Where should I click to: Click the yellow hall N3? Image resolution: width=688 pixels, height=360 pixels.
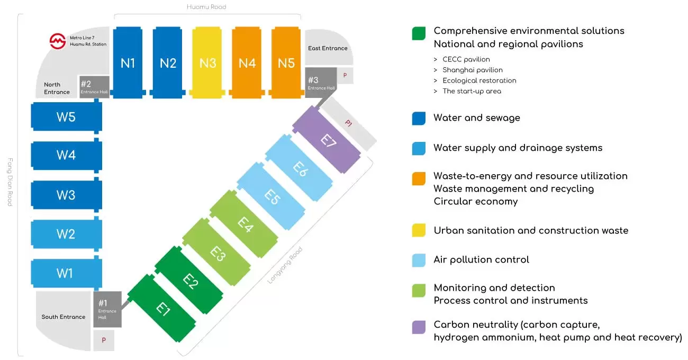click(207, 63)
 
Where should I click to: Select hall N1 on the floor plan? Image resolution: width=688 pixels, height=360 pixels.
click(128, 63)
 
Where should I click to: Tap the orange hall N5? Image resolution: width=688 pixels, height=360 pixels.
click(286, 63)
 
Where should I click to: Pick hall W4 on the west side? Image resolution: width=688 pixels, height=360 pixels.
click(66, 156)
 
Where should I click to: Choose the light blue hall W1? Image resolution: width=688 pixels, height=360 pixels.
click(65, 274)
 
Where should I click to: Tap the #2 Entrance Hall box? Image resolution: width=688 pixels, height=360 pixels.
click(94, 87)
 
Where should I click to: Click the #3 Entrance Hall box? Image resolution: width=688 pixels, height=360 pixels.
click(320, 83)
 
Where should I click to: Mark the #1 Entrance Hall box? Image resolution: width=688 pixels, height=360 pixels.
click(107, 309)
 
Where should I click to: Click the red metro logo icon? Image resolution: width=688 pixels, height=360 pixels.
click(57, 41)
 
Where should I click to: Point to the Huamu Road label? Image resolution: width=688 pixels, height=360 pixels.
click(206, 7)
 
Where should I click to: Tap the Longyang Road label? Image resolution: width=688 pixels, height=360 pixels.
click(284, 265)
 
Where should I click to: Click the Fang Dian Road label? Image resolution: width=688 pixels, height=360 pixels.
click(9, 182)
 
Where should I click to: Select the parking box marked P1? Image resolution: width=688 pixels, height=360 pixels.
click(348, 124)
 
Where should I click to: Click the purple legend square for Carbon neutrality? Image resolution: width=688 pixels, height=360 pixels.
click(419, 327)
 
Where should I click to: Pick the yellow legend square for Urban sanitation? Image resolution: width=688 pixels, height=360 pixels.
click(419, 230)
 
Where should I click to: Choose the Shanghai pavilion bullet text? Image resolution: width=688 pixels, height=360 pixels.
click(473, 70)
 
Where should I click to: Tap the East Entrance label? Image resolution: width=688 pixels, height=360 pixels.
click(328, 48)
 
